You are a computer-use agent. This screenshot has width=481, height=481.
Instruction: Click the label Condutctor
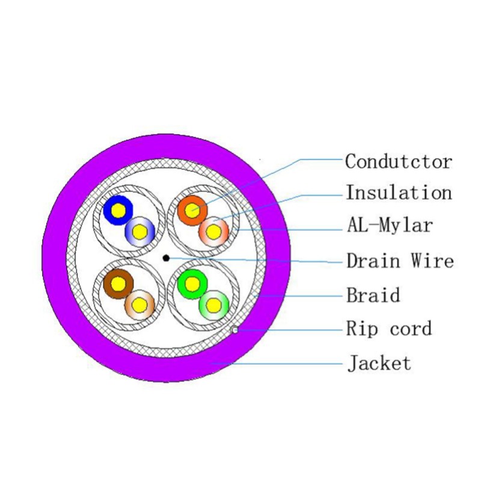(399, 161)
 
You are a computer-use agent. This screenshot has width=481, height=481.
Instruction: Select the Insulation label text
(399, 192)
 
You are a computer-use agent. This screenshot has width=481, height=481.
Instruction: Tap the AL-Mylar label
(390, 225)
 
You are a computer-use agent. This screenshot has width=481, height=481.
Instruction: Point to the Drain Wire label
(400, 261)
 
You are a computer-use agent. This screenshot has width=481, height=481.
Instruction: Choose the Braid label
(373, 295)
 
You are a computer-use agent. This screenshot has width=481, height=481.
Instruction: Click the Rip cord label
(389, 328)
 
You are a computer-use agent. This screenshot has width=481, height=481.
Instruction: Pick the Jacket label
(379, 363)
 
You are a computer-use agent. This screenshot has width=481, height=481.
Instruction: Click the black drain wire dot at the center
(167, 258)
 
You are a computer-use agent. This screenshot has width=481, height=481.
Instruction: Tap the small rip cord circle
(234, 329)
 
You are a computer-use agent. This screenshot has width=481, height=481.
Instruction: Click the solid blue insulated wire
(118, 210)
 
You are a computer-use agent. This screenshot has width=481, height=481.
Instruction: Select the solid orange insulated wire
(192, 210)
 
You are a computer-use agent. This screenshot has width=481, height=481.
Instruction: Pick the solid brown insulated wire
(118, 284)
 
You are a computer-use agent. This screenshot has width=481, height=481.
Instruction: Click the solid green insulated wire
(192, 284)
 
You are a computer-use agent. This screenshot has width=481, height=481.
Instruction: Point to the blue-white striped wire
(140, 231)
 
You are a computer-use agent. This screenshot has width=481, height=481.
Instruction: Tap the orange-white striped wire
(214, 231)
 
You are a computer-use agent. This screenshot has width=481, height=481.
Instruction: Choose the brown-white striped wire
(140, 305)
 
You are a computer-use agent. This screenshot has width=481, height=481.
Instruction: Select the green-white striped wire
(214, 305)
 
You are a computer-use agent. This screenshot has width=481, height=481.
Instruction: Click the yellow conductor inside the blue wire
(118, 211)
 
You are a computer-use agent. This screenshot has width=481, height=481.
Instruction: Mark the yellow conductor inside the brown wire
(118, 284)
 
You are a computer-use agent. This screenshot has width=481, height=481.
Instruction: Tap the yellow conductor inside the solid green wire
(192, 284)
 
